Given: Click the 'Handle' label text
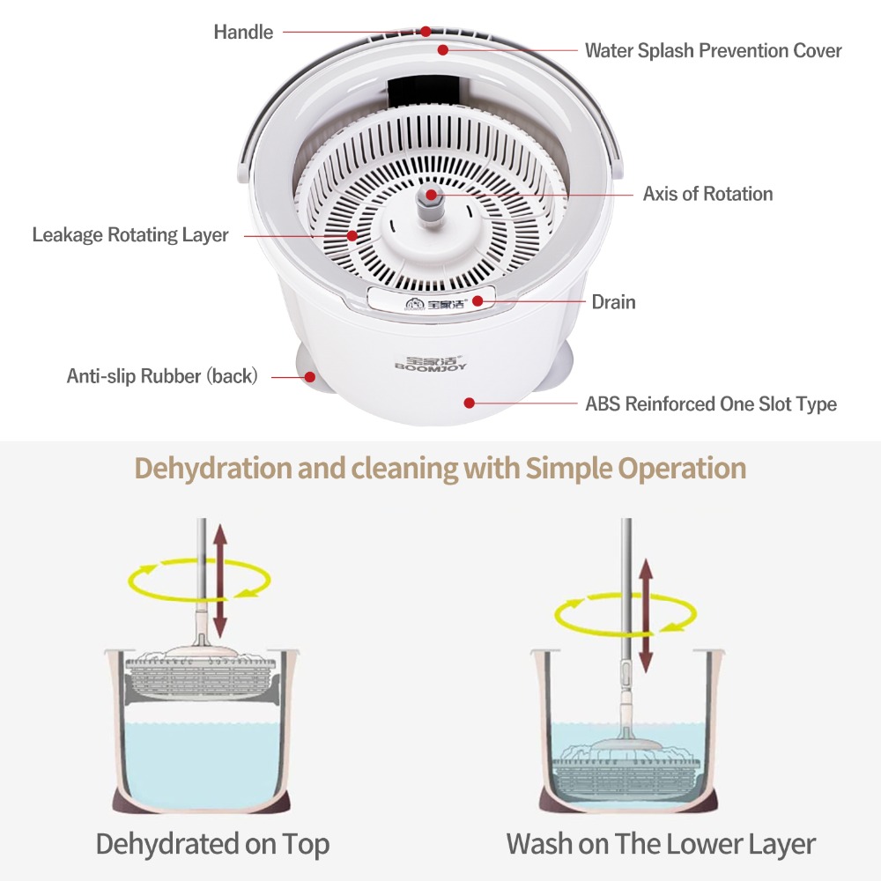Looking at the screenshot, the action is (x=243, y=32).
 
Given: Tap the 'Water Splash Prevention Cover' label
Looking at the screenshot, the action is (x=713, y=50).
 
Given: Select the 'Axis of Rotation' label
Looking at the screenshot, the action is (x=708, y=194).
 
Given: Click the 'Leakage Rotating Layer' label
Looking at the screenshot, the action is (x=130, y=235).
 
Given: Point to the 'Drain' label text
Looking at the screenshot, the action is (x=613, y=302).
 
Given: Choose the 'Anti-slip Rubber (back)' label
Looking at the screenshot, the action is (x=162, y=376).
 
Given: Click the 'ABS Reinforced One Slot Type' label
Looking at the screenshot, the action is (x=711, y=404).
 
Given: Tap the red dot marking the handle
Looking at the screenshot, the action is (x=426, y=32).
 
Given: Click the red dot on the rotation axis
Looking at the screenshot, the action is (x=431, y=195).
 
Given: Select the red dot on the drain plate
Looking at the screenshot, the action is (x=478, y=301).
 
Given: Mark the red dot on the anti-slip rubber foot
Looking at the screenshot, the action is (x=309, y=377).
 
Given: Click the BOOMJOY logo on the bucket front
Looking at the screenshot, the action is (x=431, y=364).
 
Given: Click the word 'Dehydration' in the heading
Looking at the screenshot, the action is (x=212, y=468).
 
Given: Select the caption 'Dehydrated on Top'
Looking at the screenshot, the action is (x=212, y=844).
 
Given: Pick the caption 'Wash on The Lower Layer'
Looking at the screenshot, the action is (x=661, y=844).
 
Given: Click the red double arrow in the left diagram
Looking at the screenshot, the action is (x=219, y=581).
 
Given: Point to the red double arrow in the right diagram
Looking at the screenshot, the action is (x=646, y=616).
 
